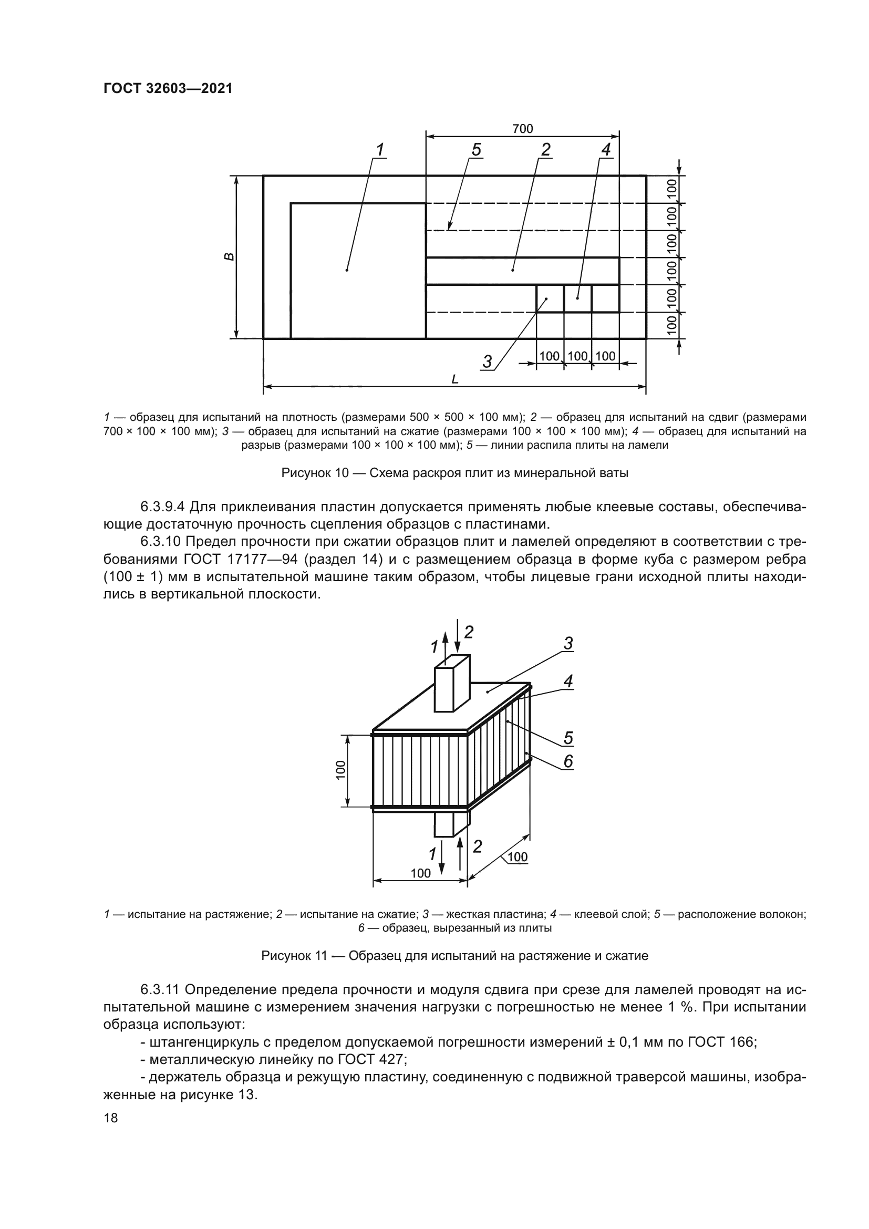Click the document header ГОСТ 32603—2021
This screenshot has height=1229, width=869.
tap(168, 89)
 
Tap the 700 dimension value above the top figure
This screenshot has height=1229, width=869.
tap(522, 129)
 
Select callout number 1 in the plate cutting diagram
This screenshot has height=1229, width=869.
tap(380, 150)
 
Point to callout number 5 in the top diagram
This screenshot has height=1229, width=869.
tap(475, 150)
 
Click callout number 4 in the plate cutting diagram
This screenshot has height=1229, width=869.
tap(606, 150)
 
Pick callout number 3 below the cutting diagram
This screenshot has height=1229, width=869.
tap(487, 362)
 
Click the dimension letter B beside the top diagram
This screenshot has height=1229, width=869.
tap(229, 256)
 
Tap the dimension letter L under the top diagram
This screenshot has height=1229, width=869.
tap(454, 379)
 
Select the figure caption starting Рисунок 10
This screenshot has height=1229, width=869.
tap(454, 473)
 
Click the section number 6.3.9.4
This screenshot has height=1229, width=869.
tap(163, 507)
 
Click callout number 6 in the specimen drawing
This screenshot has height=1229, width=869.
tap(568, 761)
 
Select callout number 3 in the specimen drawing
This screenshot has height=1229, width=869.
tap(568, 644)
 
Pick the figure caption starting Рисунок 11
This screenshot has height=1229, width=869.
tap(454, 956)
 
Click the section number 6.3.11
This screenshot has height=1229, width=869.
tap(161, 989)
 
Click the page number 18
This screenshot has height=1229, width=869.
tap(111, 1118)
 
